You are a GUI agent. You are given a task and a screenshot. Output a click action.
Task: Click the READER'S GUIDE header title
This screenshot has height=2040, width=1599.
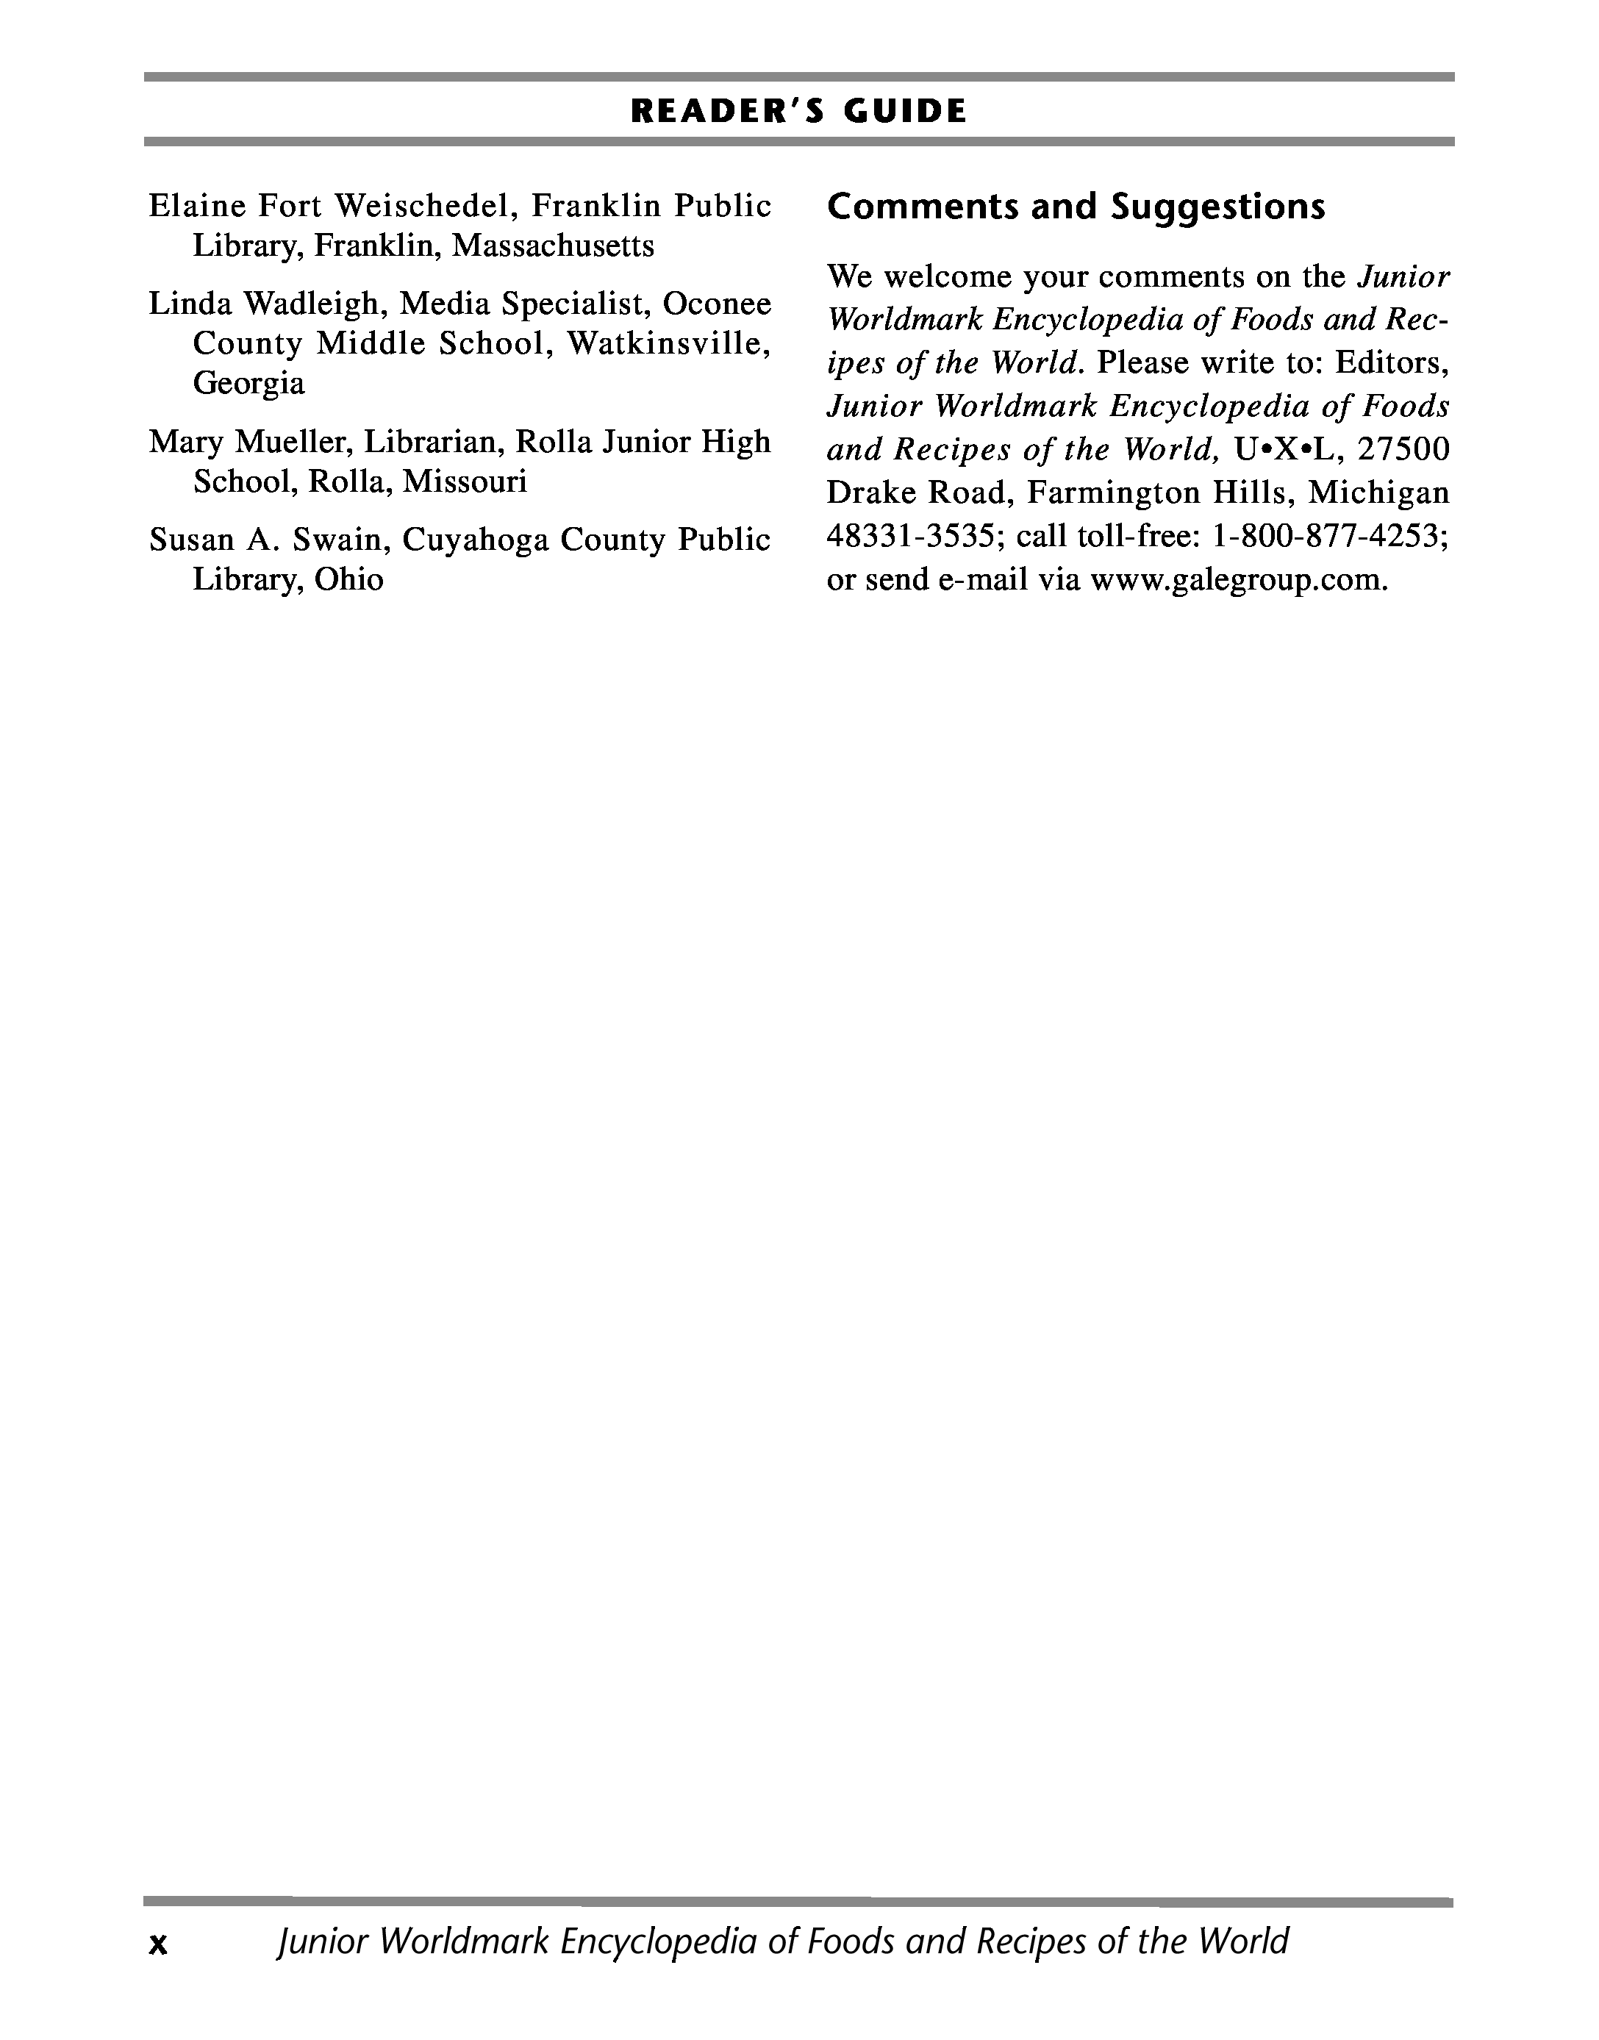pos(798,112)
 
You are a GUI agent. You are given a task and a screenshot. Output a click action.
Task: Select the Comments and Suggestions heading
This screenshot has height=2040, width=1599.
pos(1076,207)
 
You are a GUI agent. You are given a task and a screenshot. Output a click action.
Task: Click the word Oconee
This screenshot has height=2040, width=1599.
pos(716,304)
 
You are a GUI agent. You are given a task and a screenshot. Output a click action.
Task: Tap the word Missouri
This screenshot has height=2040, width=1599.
pos(465,482)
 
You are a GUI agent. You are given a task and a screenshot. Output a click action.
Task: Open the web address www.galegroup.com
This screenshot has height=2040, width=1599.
pos(1237,581)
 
